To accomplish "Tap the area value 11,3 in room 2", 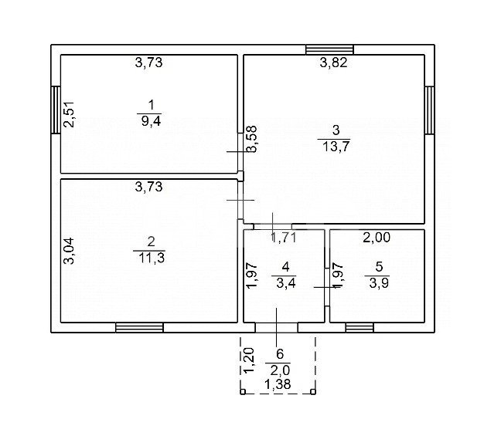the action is pyautogui.click(x=152, y=258).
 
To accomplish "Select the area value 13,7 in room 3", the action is pyautogui.click(x=336, y=147).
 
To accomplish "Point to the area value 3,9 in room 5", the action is pyautogui.click(x=379, y=282).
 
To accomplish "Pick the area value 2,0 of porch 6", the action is pyautogui.click(x=280, y=370).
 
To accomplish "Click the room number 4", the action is pyautogui.click(x=285, y=266).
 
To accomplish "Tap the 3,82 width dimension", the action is pyautogui.click(x=333, y=63).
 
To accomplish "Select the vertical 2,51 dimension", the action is pyautogui.click(x=69, y=114).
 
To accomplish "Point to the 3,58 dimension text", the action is pyautogui.click(x=251, y=139).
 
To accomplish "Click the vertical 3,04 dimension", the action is pyautogui.click(x=69, y=252).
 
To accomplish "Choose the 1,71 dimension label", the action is pyautogui.click(x=284, y=238).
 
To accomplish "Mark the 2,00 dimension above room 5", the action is pyautogui.click(x=377, y=238).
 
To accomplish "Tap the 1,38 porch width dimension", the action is pyautogui.click(x=278, y=385).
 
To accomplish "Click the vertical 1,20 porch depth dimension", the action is pyautogui.click(x=249, y=360).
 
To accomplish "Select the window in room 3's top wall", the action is pyautogui.click(x=329, y=49).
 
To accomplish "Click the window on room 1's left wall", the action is pyautogui.click(x=56, y=110).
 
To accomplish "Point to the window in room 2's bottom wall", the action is pyautogui.click(x=139, y=327).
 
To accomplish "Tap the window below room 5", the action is pyautogui.click(x=360, y=327).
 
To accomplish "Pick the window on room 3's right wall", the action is pyautogui.click(x=429, y=110).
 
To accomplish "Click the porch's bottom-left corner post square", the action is pyautogui.click(x=243, y=392).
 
